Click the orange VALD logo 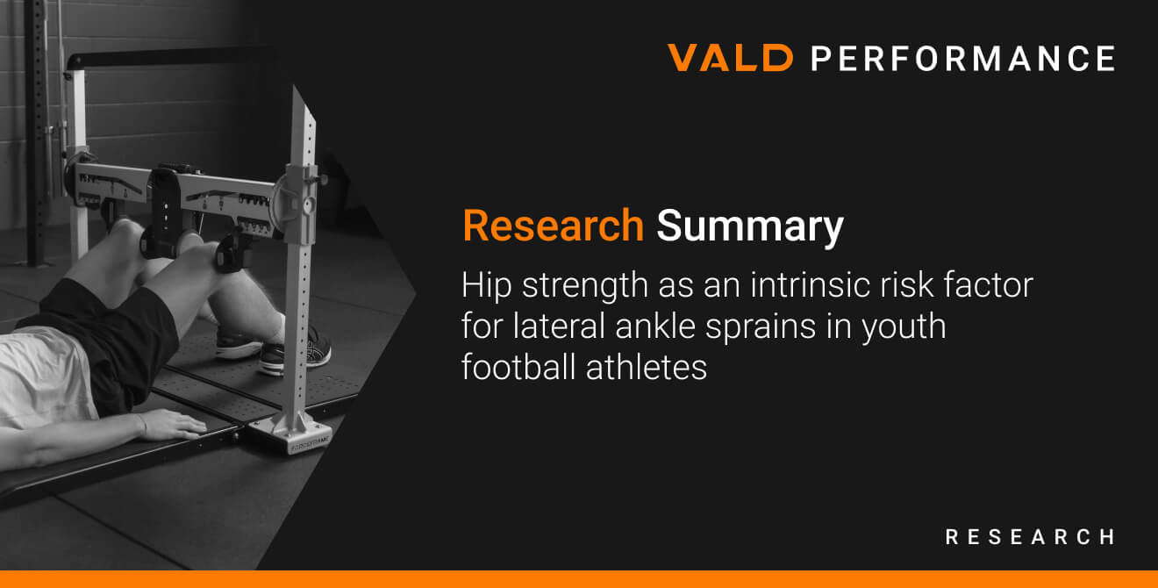730,57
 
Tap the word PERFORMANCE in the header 963,58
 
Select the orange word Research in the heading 554,226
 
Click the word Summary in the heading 750,228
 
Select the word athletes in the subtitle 647,368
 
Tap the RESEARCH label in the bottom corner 1030,537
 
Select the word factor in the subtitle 988,285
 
